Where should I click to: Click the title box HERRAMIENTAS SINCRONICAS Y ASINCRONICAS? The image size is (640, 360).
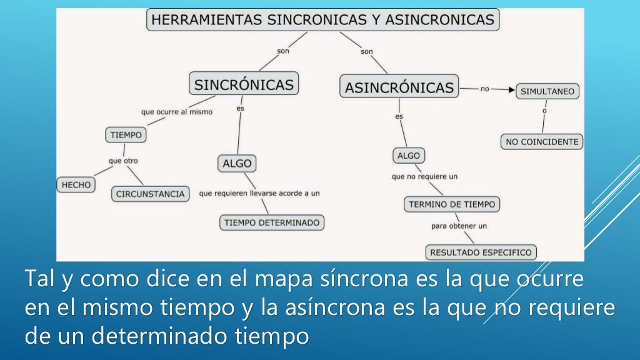pyautogui.click(x=323, y=20)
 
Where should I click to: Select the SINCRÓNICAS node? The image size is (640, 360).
pyautogui.click(x=244, y=84)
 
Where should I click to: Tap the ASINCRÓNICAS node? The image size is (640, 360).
pyautogui.click(x=399, y=87)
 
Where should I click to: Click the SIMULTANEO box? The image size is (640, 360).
pyautogui.click(x=547, y=91)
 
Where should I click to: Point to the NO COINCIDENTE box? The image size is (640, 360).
pyautogui.click(x=542, y=142)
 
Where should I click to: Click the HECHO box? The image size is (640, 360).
pyautogui.click(x=76, y=184)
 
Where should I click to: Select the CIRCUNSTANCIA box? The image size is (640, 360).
pyautogui.click(x=151, y=194)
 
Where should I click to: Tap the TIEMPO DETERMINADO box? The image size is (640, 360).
pyautogui.click(x=272, y=222)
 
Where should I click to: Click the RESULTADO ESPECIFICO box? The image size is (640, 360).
pyautogui.click(x=481, y=252)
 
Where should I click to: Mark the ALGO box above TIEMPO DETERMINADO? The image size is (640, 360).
pyautogui.click(x=237, y=164)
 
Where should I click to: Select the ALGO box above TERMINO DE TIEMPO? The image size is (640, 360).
pyautogui.click(x=409, y=155)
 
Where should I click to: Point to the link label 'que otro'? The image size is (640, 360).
pyautogui.click(x=123, y=161)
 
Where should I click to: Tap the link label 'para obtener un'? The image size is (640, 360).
pyautogui.click(x=459, y=226)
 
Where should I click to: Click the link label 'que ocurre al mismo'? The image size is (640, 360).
pyautogui.click(x=177, y=112)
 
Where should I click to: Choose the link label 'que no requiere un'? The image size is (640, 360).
pyautogui.click(x=424, y=176)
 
